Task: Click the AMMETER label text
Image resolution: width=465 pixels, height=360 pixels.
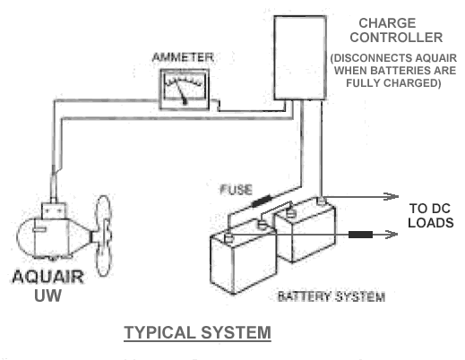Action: (x=183, y=57)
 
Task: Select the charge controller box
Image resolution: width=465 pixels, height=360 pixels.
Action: (x=300, y=57)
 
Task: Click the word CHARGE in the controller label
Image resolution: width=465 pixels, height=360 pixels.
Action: (x=387, y=23)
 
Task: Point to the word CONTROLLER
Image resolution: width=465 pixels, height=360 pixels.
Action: (x=396, y=38)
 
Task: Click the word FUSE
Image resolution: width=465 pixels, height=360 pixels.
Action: (x=236, y=190)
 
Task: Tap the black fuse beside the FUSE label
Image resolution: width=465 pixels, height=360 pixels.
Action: (x=262, y=201)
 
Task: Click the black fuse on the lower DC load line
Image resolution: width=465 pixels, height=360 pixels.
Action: (x=360, y=235)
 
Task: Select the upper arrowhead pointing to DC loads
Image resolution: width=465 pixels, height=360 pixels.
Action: (x=392, y=196)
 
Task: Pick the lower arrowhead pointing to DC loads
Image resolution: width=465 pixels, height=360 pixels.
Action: (x=391, y=235)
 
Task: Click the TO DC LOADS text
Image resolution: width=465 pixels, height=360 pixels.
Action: (x=431, y=216)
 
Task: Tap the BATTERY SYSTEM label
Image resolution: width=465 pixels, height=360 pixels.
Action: (x=332, y=296)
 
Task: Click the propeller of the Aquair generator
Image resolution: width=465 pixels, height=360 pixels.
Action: (x=103, y=236)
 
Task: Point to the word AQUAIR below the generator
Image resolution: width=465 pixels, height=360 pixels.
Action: (x=47, y=277)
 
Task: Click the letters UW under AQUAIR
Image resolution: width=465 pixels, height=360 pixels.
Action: (x=47, y=296)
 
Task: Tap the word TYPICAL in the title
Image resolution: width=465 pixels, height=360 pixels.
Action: (x=159, y=332)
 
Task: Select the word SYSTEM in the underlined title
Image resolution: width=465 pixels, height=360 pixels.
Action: (x=236, y=332)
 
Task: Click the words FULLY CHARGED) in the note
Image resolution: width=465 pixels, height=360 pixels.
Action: (x=393, y=83)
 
